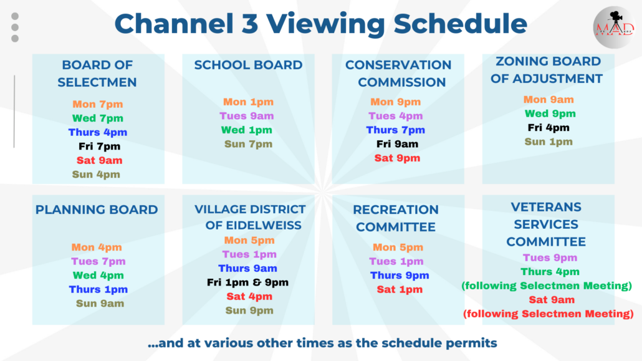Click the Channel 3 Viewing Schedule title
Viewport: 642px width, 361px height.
tap(320, 24)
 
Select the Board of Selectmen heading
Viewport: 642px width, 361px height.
tap(97, 74)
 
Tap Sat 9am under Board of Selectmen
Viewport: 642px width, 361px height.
tap(97, 160)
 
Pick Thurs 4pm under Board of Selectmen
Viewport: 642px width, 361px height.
tap(97, 132)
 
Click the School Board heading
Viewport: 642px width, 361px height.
tap(248, 65)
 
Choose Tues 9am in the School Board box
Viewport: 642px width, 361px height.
tap(247, 116)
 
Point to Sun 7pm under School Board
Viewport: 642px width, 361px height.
tap(248, 144)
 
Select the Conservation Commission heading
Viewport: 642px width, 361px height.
tap(398, 74)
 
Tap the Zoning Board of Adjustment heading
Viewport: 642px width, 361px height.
tap(548, 70)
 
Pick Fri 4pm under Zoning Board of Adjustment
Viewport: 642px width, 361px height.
tap(549, 128)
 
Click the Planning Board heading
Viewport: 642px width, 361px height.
tap(97, 209)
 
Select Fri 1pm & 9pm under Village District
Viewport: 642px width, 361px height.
tap(247, 282)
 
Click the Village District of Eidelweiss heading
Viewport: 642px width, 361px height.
tap(249, 217)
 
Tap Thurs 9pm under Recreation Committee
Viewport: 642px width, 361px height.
tap(400, 276)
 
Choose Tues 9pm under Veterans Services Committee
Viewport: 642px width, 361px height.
tap(549, 258)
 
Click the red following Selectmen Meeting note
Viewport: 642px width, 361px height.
tap(548, 314)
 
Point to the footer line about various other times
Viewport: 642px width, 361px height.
tap(322, 343)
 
